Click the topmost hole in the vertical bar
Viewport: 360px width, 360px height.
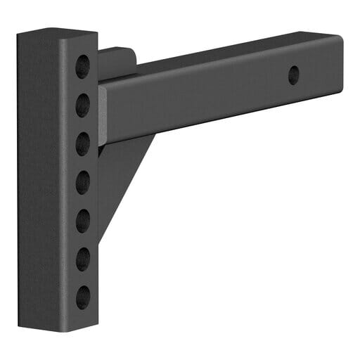point(83,66)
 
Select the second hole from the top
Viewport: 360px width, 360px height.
point(83,105)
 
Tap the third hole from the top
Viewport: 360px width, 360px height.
point(83,144)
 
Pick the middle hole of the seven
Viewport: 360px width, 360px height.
point(83,183)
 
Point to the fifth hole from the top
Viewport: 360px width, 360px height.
point(83,220)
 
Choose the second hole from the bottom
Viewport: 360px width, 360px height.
point(83,259)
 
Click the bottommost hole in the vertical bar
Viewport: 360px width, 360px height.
point(83,297)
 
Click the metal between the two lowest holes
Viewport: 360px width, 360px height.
point(83,278)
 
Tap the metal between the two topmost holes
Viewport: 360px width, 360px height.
point(83,86)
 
